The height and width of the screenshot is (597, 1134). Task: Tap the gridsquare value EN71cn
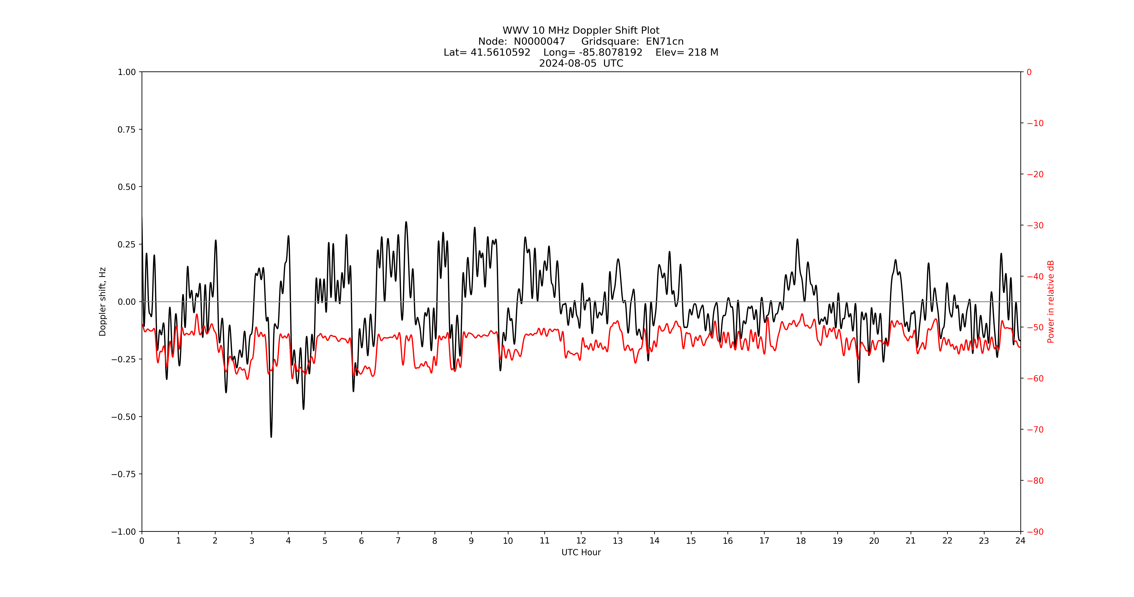point(665,41)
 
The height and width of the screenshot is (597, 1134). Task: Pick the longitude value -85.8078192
point(611,52)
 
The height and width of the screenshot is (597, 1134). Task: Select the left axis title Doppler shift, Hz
point(103,302)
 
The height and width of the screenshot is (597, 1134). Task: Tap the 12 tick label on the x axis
point(581,541)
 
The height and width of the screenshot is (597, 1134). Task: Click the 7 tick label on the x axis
point(398,541)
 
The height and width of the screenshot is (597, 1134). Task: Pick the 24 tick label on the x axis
point(1020,541)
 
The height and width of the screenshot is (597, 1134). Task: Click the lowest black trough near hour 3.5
point(271,437)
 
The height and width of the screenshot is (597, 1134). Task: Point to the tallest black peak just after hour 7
point(406,222)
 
